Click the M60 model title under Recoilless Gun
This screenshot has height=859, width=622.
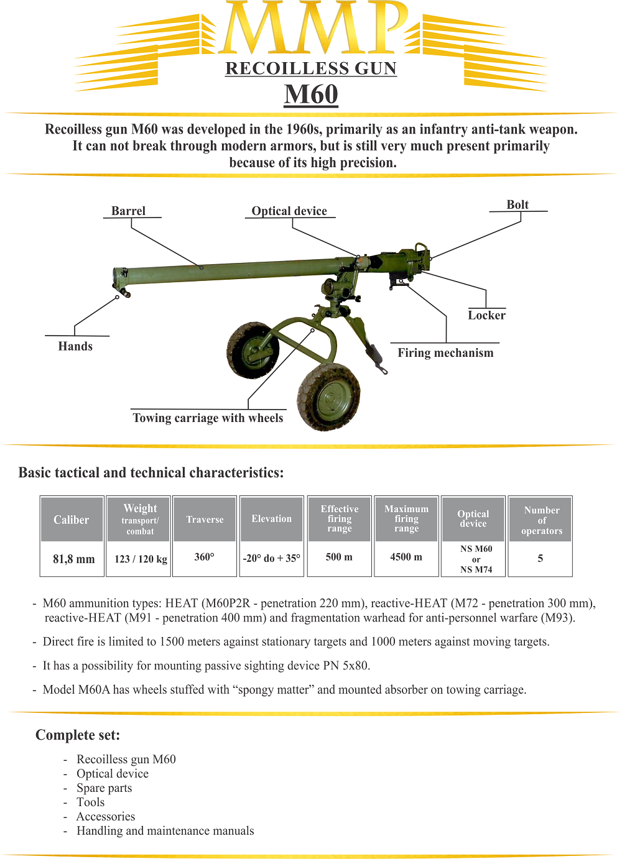[x=311, y=94]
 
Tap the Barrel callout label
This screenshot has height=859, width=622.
[x=129, y=211]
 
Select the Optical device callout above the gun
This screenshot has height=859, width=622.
[x=289, y=211]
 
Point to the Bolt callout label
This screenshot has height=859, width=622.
[x=518, y=204]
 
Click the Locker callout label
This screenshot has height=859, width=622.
[x=486, y=315]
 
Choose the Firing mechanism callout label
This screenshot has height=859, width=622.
[x=445, y=352]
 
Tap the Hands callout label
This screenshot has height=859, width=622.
[x=75, y=346]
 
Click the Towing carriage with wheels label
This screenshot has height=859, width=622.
[x=208, y=418]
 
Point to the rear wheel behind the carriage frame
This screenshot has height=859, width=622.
[x=252, y=349]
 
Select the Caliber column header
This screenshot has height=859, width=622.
[x=72, y=520]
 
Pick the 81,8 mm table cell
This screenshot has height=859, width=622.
[x=73, y=559]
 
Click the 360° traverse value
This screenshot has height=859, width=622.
[x=204, y=557]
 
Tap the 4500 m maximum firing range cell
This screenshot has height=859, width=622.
[x=406, y=557]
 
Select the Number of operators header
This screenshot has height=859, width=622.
[x=541, y=520]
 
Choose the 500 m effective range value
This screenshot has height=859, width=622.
[x=339, y=557]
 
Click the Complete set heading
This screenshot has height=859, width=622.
[x=78, y=735]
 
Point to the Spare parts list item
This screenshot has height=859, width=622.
[x=104, y=788]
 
